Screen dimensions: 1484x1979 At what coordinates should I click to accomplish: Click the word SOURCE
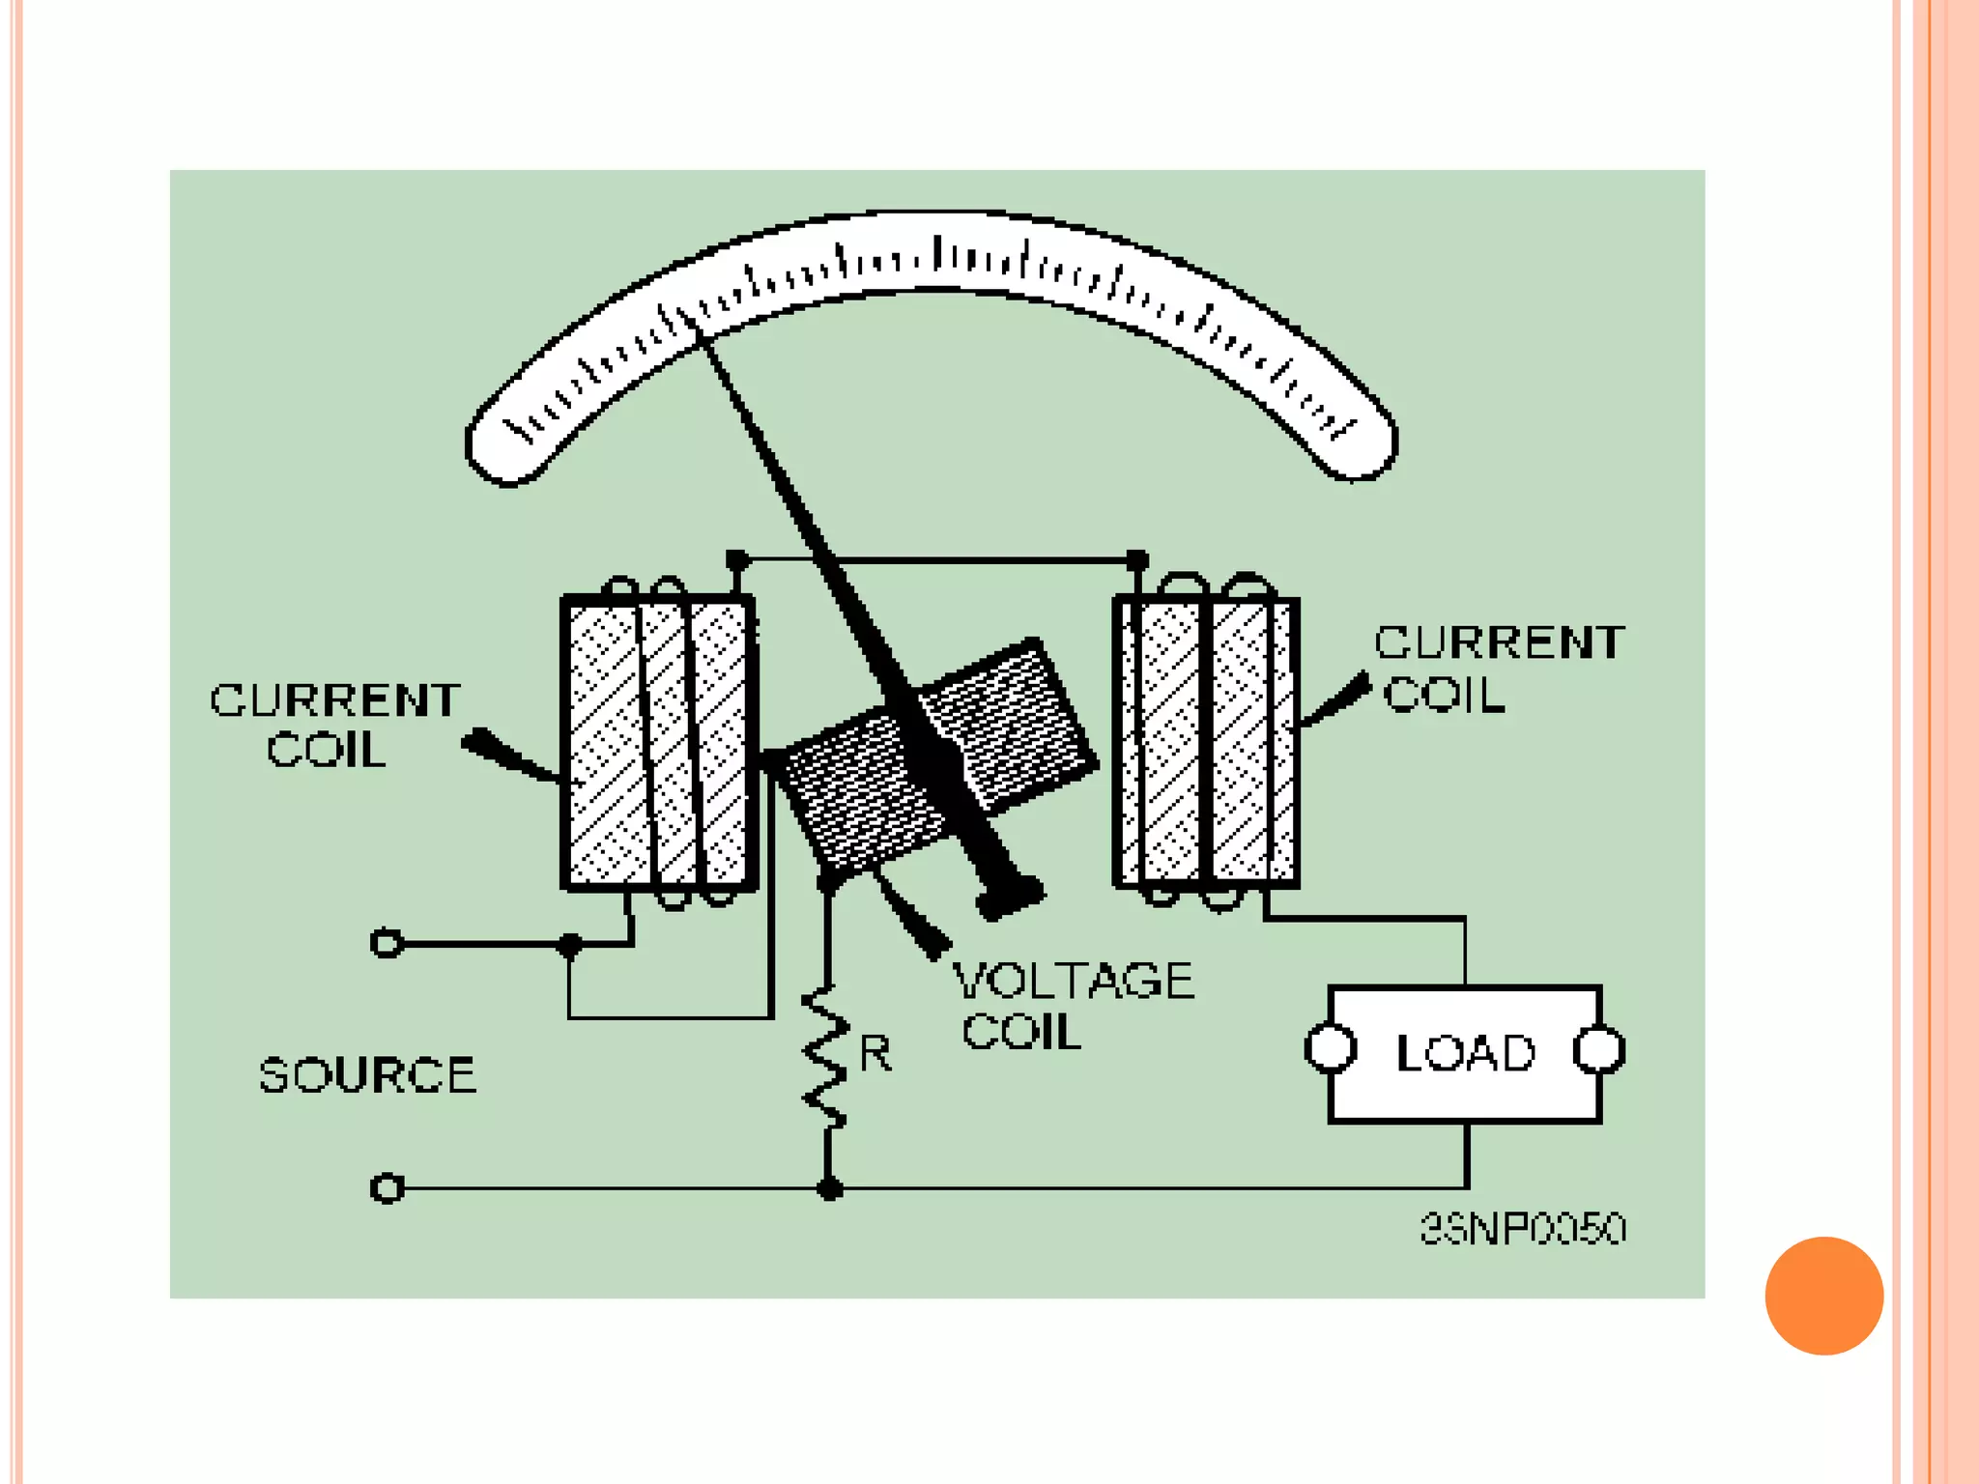367,1075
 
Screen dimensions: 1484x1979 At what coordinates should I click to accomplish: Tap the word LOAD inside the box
1465,1053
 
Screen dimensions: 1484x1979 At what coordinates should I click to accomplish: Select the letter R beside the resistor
875,1052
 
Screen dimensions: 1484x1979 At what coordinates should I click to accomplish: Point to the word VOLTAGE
1074,981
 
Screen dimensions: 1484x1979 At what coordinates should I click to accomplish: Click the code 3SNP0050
1523,1229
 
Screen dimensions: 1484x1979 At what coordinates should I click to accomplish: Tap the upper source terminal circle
387,943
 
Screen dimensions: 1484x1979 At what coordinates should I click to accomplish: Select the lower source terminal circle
387,1187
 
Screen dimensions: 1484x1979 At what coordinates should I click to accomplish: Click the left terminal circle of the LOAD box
1331,1049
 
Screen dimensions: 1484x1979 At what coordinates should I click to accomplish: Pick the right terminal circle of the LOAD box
1599,1050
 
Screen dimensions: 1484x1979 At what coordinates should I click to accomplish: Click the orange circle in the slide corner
1823,1296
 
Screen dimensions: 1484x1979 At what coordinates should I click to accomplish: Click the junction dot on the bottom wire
829,1189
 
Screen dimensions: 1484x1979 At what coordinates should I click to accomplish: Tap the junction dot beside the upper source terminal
570,944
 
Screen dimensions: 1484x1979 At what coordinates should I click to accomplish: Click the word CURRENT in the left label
335,700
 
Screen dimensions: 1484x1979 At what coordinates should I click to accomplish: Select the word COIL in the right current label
1444,695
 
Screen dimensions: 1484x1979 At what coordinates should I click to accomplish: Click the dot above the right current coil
1137,559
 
